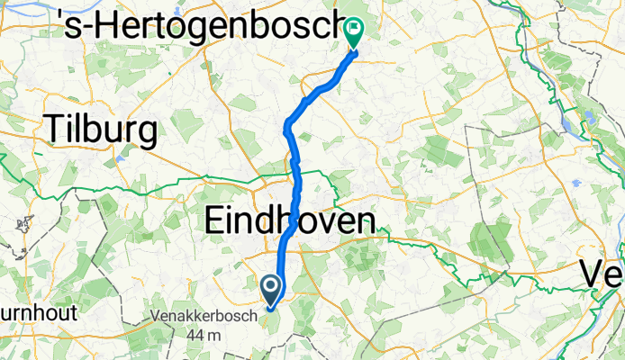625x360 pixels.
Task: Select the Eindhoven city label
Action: pos(290,220)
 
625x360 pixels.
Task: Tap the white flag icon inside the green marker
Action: pos(353,30)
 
